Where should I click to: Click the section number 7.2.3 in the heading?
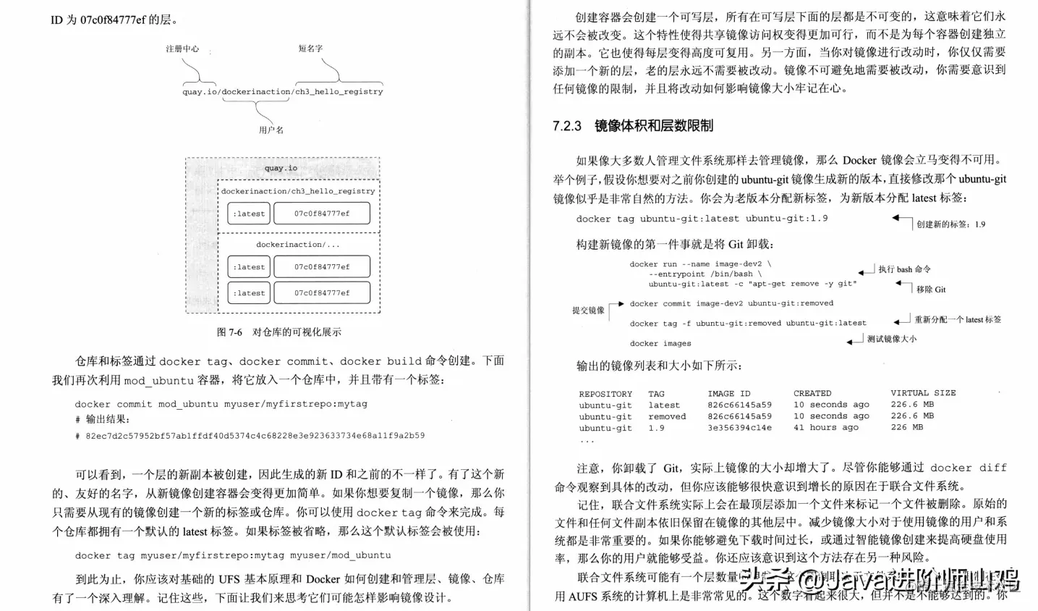pos(566,126)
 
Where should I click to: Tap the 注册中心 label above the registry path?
pos(182,49)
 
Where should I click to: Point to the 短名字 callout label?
pos(310,49)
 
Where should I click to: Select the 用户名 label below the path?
pos(271,130)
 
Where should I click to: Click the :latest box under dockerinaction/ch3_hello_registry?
pos(249,214)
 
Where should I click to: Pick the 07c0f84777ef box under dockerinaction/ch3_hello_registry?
pos(321,214)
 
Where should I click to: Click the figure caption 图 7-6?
pos(229,332)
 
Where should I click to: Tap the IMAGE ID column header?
pos(728,394)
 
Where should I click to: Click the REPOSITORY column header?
pos(605,394)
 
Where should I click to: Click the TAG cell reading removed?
pos(667,416)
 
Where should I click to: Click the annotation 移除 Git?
pos(931,290)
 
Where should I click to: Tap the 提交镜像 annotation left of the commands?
pos(588,311)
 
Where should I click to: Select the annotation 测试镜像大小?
pos(891,339)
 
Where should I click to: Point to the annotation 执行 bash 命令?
pos(904,269)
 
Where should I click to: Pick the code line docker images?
pos(660,344)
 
